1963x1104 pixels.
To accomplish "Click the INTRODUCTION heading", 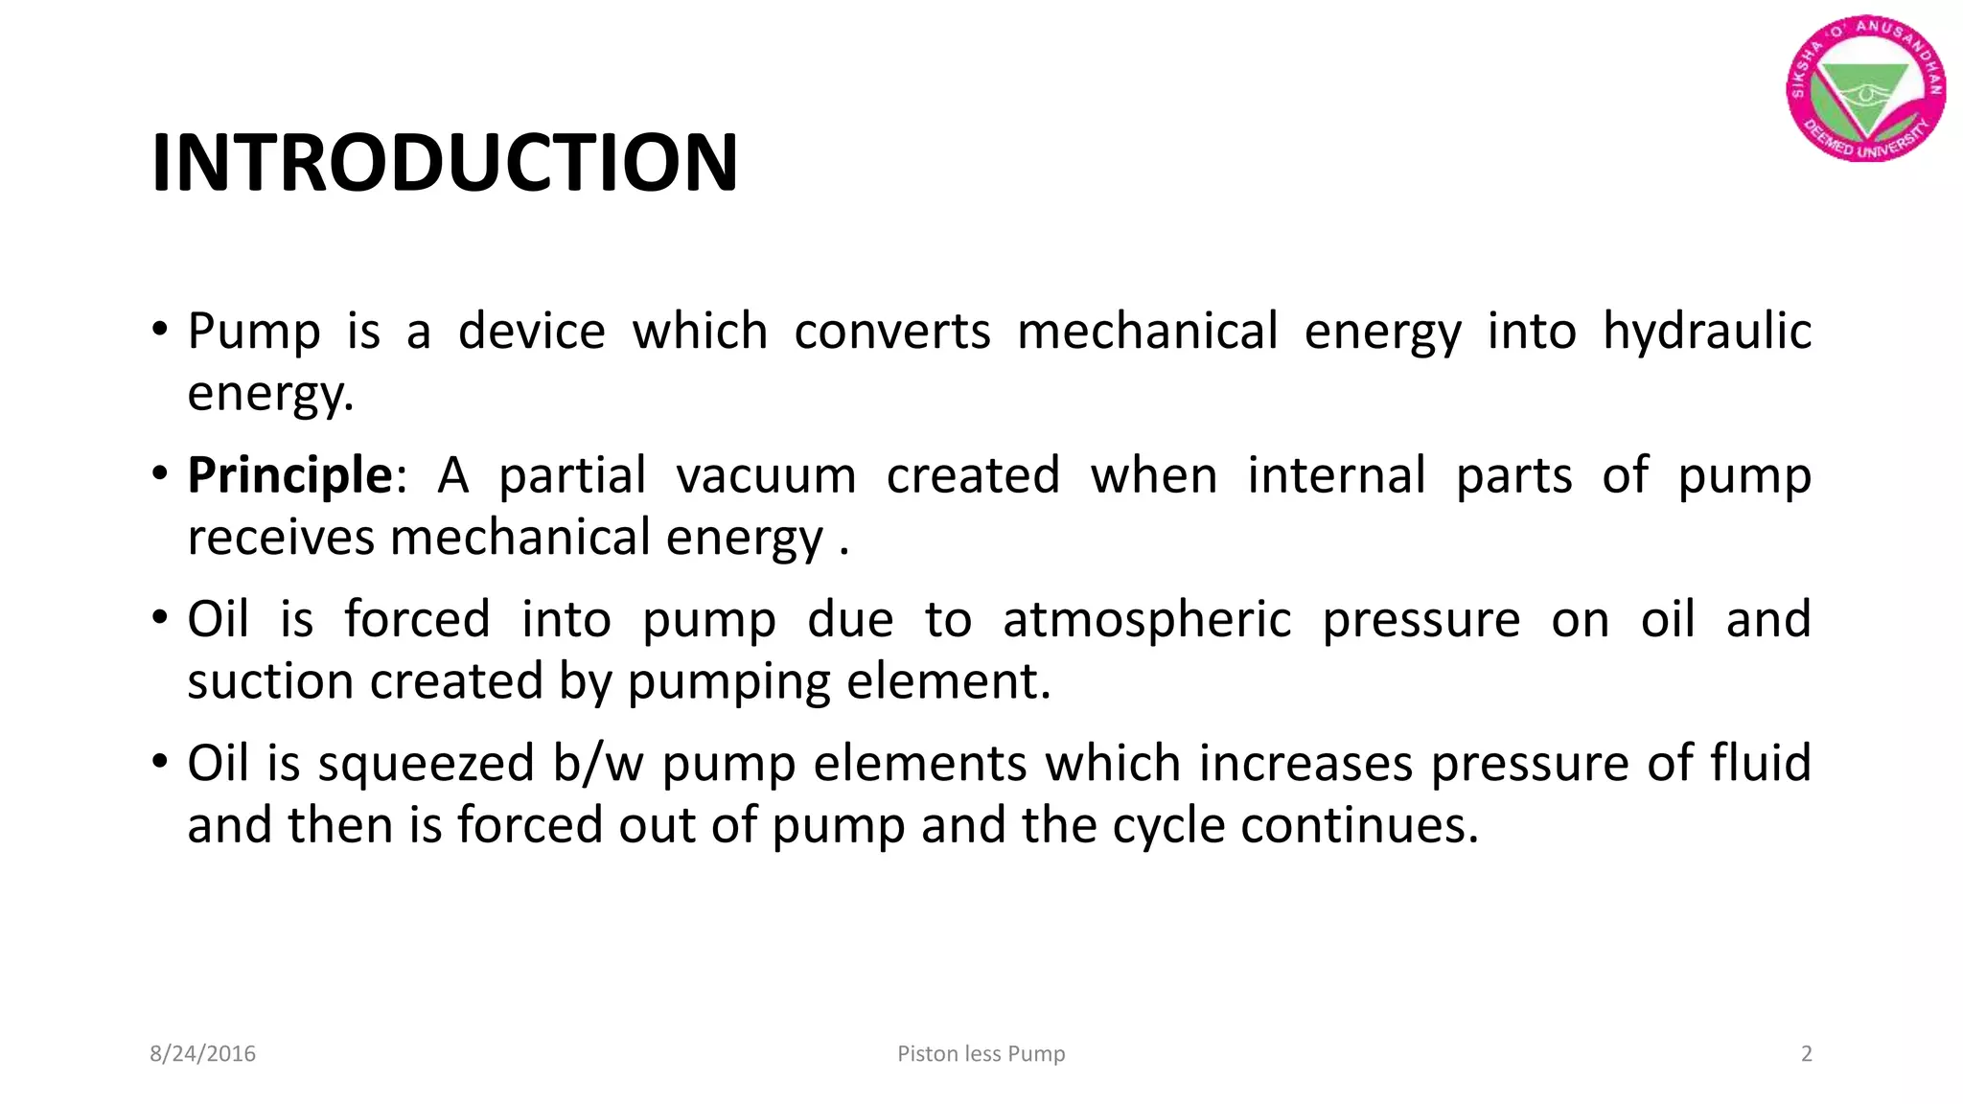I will [x=445, y=163].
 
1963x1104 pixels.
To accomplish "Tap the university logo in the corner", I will [x=1865, y=88].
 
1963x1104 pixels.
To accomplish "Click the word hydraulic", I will [x=1706, y=332].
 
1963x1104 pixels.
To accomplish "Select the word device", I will [x=531, y=332].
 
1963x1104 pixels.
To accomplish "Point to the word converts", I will [x=891, y=332].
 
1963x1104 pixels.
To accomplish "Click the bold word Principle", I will [x=289, y=475].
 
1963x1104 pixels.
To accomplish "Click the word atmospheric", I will [x=1146, y=619].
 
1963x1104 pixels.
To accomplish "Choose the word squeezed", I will [x=426, y=764].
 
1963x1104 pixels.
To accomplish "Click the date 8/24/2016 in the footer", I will [x=202, y=1054].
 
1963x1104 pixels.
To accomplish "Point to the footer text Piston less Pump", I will [x=981, y=1054].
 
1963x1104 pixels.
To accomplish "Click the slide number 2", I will [x=1806, y=1054].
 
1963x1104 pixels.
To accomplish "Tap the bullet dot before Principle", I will [x=160, y=473].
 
